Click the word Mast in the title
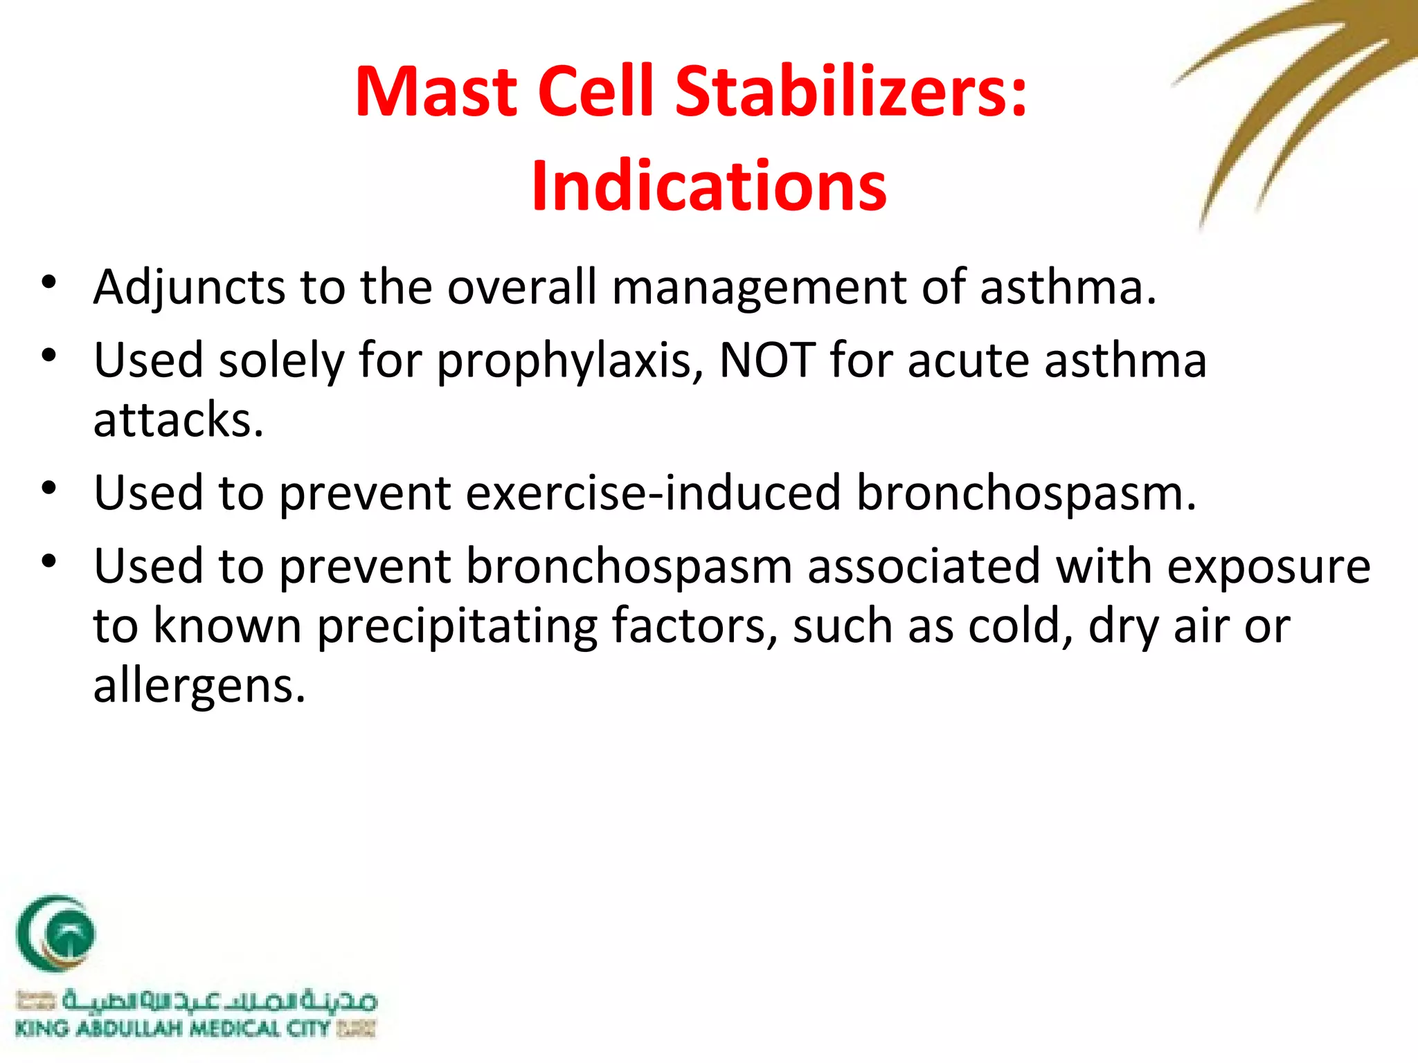click(436, 91)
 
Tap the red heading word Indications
click(709, 185)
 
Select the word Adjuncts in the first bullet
click(189, 287)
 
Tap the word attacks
click(179, 419)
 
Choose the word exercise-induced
click(653, 493)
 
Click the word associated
click(924, 566)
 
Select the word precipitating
click(457, 626)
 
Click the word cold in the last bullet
click(1021, 626)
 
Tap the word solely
click(281, 361)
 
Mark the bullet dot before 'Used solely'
click(48, 356)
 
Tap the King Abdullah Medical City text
click(173, 1028)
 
